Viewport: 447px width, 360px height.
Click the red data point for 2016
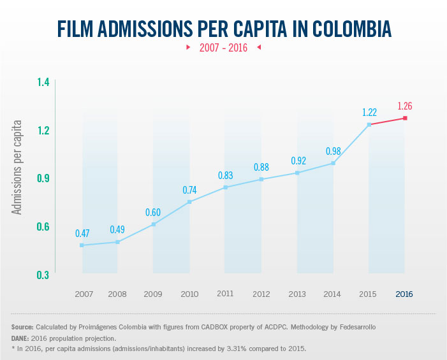pos(404,119)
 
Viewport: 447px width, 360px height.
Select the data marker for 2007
pos(82,245)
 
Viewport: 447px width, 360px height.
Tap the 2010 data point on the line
pos(189,202)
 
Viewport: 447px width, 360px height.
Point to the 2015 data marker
pos(369,124)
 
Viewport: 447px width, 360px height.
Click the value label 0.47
pos(82,234)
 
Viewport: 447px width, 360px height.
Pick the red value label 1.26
pos(405,106)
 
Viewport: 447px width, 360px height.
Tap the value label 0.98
pos(333,151)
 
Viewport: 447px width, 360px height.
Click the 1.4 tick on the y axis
pos(43,82)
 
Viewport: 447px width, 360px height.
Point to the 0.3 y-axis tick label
pos(43,275)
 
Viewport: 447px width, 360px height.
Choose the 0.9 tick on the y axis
pos(43,178)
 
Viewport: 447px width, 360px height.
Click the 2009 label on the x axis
pos(152,294)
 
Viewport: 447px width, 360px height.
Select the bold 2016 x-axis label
pos(404,294)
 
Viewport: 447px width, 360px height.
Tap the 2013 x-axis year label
pos(297,294)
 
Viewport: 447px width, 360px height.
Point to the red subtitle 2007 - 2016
pos(223,48)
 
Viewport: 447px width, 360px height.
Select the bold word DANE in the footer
pos(22,338)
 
